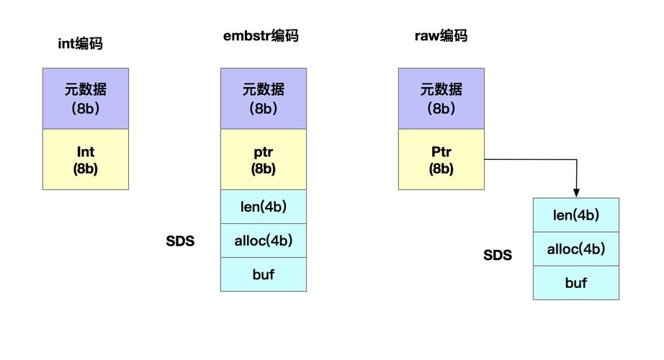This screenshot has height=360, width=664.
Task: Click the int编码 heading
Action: click(80, 44)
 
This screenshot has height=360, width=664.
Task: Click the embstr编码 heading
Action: click(260, 36)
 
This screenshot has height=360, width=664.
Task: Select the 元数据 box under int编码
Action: click(86, 99)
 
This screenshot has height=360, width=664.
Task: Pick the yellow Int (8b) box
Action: click(86, 160)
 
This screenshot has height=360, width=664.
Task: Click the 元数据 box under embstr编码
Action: click(263, 99)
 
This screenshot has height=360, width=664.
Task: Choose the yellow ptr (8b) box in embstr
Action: click(263, 160)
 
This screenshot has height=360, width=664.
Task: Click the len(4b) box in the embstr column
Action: click(263, 207)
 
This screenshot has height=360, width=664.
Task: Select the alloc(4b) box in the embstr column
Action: click(263, 240)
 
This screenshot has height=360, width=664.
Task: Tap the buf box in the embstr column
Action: click(263, 274)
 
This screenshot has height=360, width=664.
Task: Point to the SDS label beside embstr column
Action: click(180, 241)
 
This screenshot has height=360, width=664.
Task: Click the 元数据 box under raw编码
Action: click(441, 99)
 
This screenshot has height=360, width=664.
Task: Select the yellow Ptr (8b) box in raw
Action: click(441, 160)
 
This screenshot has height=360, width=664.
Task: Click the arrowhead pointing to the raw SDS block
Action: click(576, 192)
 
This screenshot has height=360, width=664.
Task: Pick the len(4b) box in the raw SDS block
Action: click(575, 215)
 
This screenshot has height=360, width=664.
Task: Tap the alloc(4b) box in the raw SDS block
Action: click(575, 249)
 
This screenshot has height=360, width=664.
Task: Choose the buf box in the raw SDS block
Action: click(575, 283)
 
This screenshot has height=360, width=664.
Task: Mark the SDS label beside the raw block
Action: click(498, 255)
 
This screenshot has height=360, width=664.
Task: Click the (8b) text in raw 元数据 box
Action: click(441, 109)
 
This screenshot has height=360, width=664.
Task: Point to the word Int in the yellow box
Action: click(86, 152)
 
